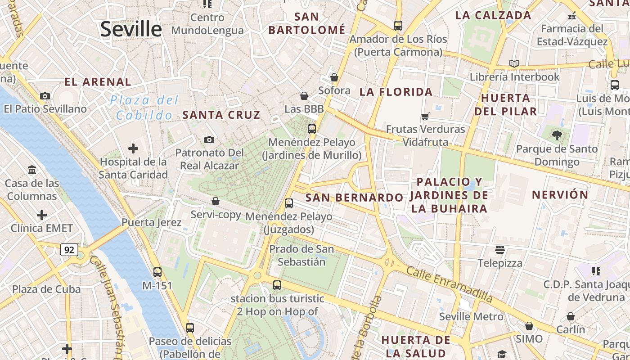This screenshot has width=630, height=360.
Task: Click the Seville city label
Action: [x=130, y=29]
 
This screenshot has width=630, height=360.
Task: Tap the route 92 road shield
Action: [x=69, y=250]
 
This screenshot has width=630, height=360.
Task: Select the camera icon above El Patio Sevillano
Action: [x=45, y=96]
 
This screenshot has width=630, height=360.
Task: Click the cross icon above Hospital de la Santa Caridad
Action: [x=133, y=148]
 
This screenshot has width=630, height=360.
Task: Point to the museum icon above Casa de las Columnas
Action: [x=32, y=170]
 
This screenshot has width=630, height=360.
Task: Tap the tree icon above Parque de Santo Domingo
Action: [x=557, y=135]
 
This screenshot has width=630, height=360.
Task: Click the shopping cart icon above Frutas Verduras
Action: [x=425, y=117]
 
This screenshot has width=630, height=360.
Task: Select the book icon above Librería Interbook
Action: [x=514, y=64]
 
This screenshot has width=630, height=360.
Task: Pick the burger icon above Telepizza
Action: [x=500, y=250]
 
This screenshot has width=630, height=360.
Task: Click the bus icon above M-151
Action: [x=157, y=272]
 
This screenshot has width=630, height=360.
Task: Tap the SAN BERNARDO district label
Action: [x=354, y=198]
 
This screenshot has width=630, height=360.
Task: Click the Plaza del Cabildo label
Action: [x=144, y=108]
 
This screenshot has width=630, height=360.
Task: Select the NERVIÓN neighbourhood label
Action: [x=560, y=195]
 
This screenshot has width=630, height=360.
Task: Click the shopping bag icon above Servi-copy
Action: [x=216, y=201]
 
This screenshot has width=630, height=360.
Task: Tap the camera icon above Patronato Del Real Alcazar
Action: [x=209, y=140]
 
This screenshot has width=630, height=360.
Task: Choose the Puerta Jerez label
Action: [x=152, y=222]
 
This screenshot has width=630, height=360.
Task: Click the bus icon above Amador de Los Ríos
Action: [x=398, y=26]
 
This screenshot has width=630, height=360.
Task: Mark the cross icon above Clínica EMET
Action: [x=42, y=215]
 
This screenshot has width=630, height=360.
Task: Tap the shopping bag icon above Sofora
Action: [x=334, y=77]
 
